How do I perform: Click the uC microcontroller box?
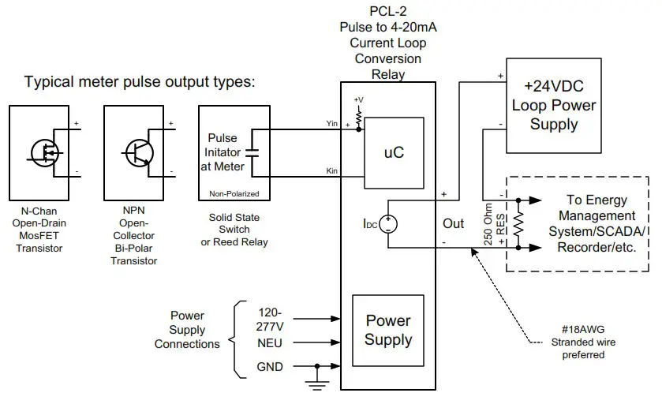[394, 152]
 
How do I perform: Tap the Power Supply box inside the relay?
[387, 330]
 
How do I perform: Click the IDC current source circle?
[389, 223]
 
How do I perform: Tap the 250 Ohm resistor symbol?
[518, 223]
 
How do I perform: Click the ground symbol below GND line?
[316, 384]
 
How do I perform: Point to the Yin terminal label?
[331, 123]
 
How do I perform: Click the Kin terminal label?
[332, 171]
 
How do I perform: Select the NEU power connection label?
[271, 343]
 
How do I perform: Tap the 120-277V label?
[271, 318]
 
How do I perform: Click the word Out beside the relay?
[454, 223]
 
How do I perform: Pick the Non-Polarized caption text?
[234, 193]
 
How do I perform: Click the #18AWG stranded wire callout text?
[585, 342]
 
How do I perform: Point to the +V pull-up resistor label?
[359, 99]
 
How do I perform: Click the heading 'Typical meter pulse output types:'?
[140, 82]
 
